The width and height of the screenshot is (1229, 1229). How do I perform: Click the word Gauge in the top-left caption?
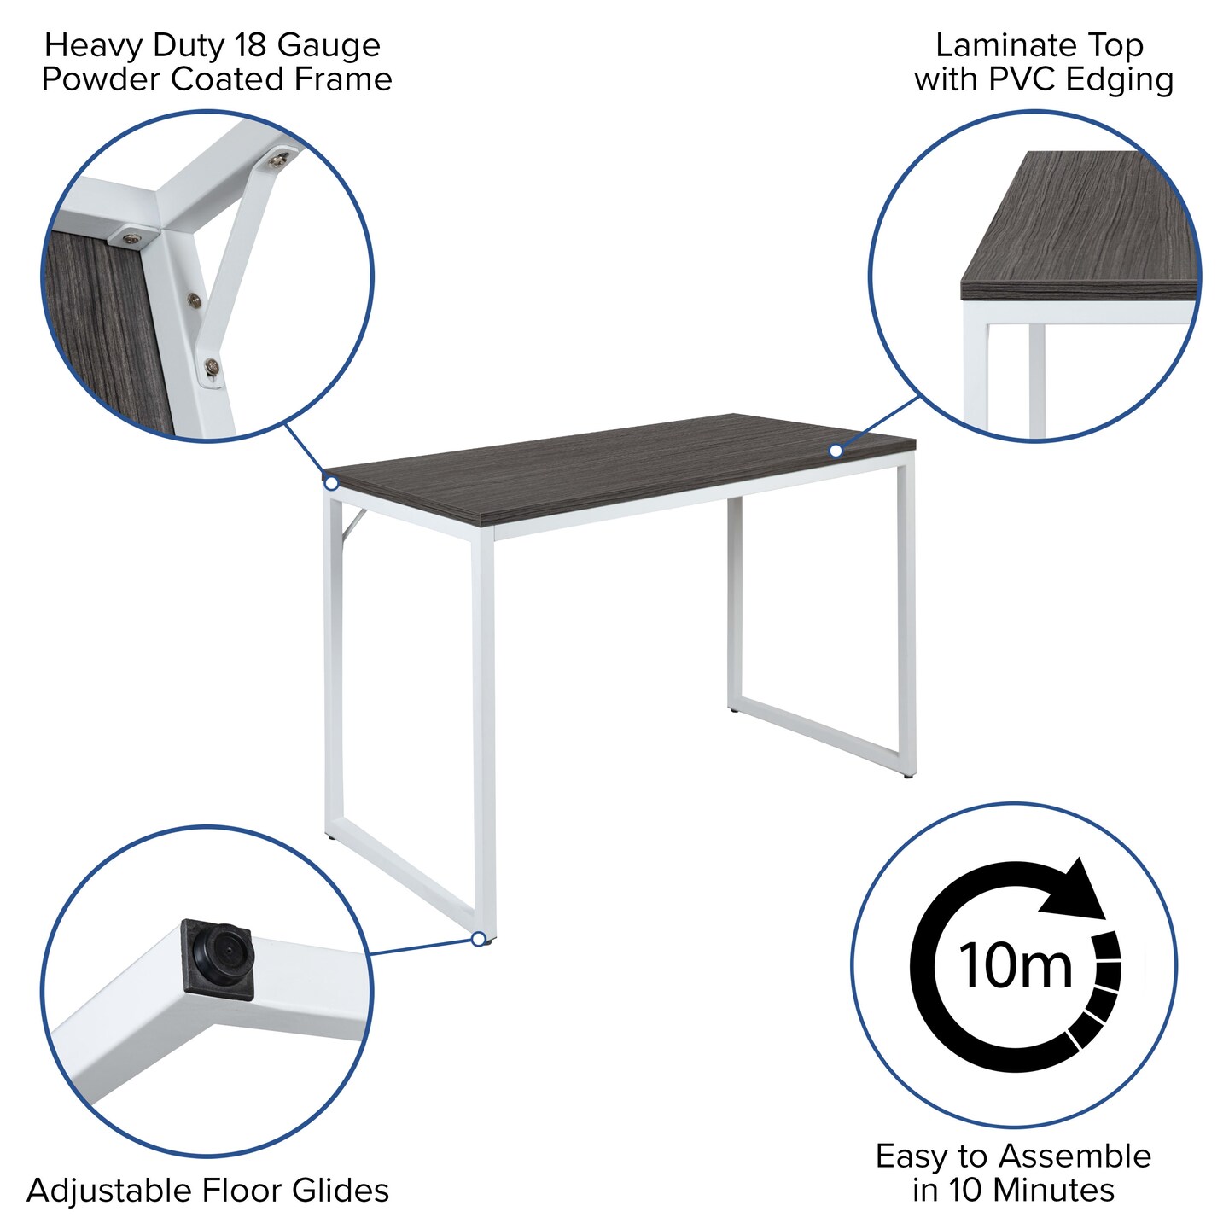tap(329, 46)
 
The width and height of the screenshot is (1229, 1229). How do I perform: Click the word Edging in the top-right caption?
tap(1120, 81)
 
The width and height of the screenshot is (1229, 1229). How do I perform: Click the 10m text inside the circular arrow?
tap(1015, 966)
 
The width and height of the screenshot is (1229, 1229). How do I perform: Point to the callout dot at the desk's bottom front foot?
tap(479, 939)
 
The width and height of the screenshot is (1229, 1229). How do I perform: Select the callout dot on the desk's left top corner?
tap(332, 483)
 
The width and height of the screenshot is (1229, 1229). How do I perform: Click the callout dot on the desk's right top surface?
tap(836, 451)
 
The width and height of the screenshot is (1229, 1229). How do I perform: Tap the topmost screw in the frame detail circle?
tap(279, 159)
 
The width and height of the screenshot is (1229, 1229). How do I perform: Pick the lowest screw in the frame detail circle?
tap(212, 367)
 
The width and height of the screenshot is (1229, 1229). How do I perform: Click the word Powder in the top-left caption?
tap(102, 79)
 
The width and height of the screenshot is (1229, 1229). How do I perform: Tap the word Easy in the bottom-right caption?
tap(912, 1156)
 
